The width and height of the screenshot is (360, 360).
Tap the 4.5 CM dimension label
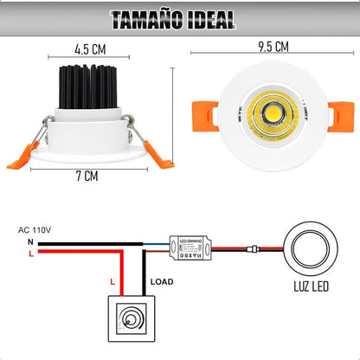tap(90, 50)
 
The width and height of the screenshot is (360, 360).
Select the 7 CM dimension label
tap(87, 177)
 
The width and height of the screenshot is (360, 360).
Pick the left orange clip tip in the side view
tap(19, 161)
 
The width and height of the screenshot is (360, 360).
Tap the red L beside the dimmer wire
tap(112, 283)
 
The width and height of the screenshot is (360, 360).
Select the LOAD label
tap(162, 281)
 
